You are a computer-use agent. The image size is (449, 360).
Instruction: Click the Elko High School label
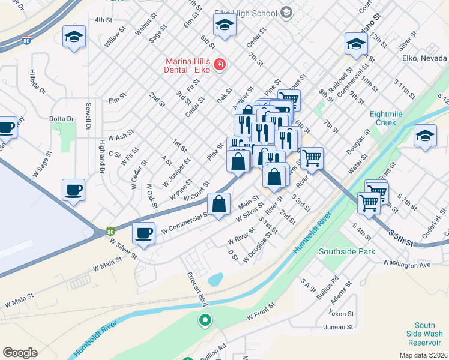(245, 13)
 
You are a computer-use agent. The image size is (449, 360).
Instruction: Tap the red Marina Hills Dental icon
(220, 64)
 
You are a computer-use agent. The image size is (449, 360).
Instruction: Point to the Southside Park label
(347, 251)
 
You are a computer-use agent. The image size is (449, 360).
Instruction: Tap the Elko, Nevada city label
(424, 58)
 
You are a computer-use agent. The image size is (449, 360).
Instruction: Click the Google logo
(20, 352)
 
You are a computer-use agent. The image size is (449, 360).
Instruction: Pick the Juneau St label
(339, 327)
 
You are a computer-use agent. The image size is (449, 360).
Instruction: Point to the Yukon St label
(341, 313)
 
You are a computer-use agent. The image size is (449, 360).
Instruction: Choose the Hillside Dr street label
(32, 82)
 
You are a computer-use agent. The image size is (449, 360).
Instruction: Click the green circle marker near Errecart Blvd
(205, 320)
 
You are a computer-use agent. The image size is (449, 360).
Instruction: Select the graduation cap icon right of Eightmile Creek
(425, 136)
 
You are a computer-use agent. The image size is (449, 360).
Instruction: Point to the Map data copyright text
(423, 355)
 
